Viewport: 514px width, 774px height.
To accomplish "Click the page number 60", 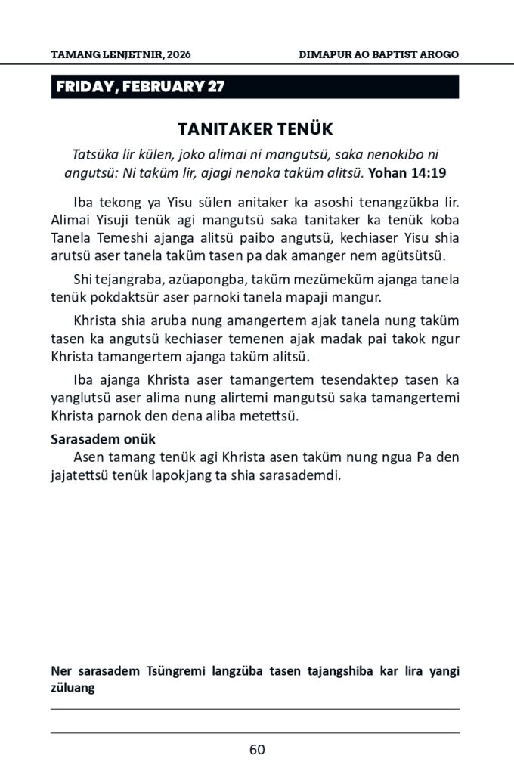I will (x=257, y=750).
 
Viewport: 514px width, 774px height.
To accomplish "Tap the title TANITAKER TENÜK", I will (x=255, y=128).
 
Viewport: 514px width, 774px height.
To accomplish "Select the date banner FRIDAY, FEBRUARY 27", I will (x=140, y=87).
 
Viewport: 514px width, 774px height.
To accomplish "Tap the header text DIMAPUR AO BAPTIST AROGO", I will (x=379, y=54).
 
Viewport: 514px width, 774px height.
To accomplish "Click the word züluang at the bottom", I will (x=73, y=689).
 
